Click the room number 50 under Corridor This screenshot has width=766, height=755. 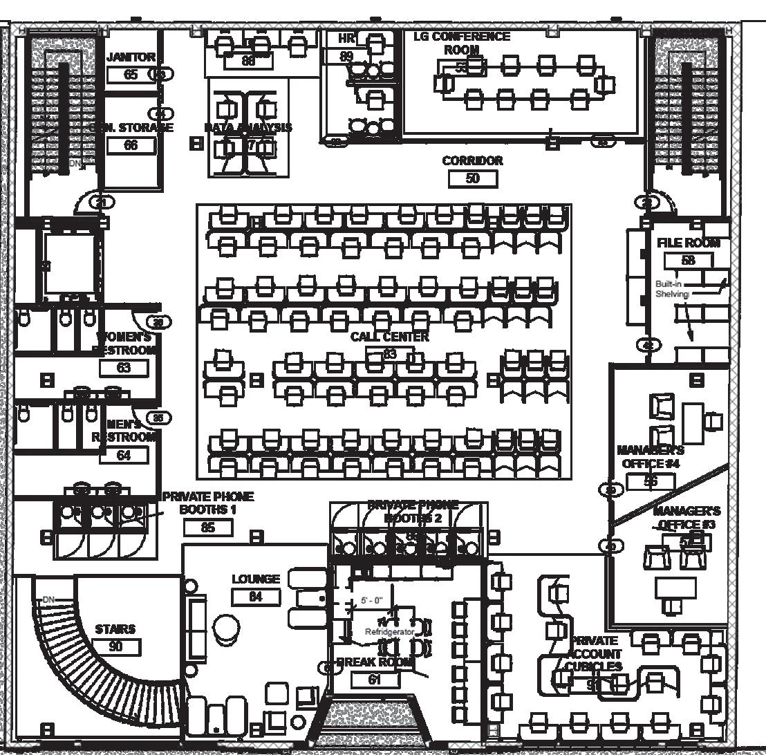473,178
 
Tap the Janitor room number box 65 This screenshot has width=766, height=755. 131,75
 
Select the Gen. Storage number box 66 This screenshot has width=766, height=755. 131,145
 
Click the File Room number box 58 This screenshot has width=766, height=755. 688,261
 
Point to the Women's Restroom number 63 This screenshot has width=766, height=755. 124,367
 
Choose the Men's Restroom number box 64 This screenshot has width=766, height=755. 124,455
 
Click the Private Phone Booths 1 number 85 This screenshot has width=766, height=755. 207,528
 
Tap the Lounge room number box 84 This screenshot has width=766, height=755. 256,597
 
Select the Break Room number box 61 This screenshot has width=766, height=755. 375,680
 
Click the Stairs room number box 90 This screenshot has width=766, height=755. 115,647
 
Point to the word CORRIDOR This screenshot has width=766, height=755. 473,160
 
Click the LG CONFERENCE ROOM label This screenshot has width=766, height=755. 462,42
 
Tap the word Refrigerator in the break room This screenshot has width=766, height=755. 389,632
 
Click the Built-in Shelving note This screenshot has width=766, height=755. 673,289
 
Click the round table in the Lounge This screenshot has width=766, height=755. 225,628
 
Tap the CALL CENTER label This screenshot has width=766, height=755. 389,337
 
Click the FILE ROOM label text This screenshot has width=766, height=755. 688,243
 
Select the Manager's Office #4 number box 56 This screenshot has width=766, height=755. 651,481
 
